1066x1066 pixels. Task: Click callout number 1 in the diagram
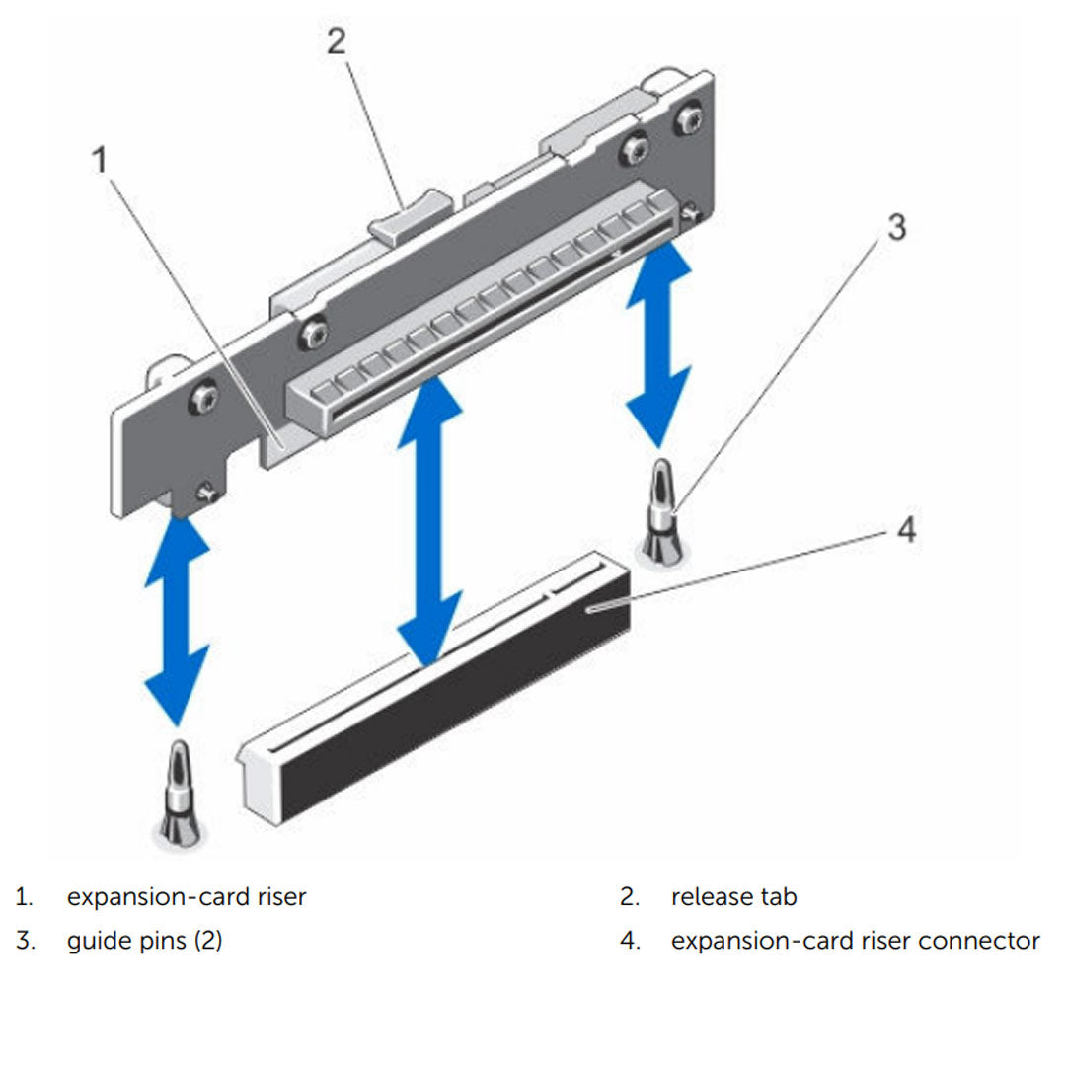[x=100, y=158]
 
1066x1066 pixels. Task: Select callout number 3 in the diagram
[x=894, y=228]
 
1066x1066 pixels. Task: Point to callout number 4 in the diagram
[x=905, y=530]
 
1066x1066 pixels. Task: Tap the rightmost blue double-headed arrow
[x=659, y=345]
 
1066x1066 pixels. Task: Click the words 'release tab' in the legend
[x=733, y=897]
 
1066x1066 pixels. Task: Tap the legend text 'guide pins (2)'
[x=144, y=941]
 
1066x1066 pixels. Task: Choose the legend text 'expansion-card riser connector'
[x=855, y=941]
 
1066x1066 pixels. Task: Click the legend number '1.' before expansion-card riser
[x=24, y=897]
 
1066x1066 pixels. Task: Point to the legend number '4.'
[x=630, y=941]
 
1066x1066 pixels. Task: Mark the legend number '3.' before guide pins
[x=25, y=941]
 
